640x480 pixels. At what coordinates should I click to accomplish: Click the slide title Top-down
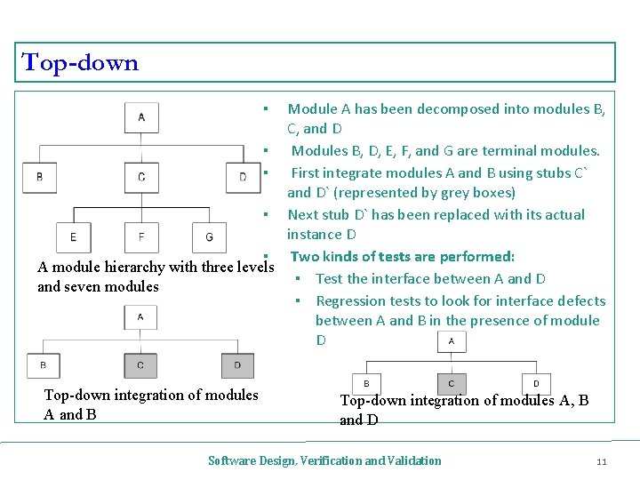(80, 63)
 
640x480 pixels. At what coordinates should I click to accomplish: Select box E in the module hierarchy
(73, 237)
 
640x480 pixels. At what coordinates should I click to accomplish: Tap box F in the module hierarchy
(141, 237)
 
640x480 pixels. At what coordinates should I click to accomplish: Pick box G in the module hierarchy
(209, 237)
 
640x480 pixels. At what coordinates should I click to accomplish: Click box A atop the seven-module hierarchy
(142, 116)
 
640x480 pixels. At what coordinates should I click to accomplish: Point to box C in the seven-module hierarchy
(142, 177)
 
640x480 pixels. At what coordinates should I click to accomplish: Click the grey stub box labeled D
(237, 364)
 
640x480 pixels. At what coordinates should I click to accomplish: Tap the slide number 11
(601, 460)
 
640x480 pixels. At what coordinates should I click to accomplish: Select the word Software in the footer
(228, 460)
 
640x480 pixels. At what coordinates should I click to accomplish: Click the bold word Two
(305, 257)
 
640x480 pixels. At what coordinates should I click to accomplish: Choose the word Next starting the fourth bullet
(303, 215)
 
